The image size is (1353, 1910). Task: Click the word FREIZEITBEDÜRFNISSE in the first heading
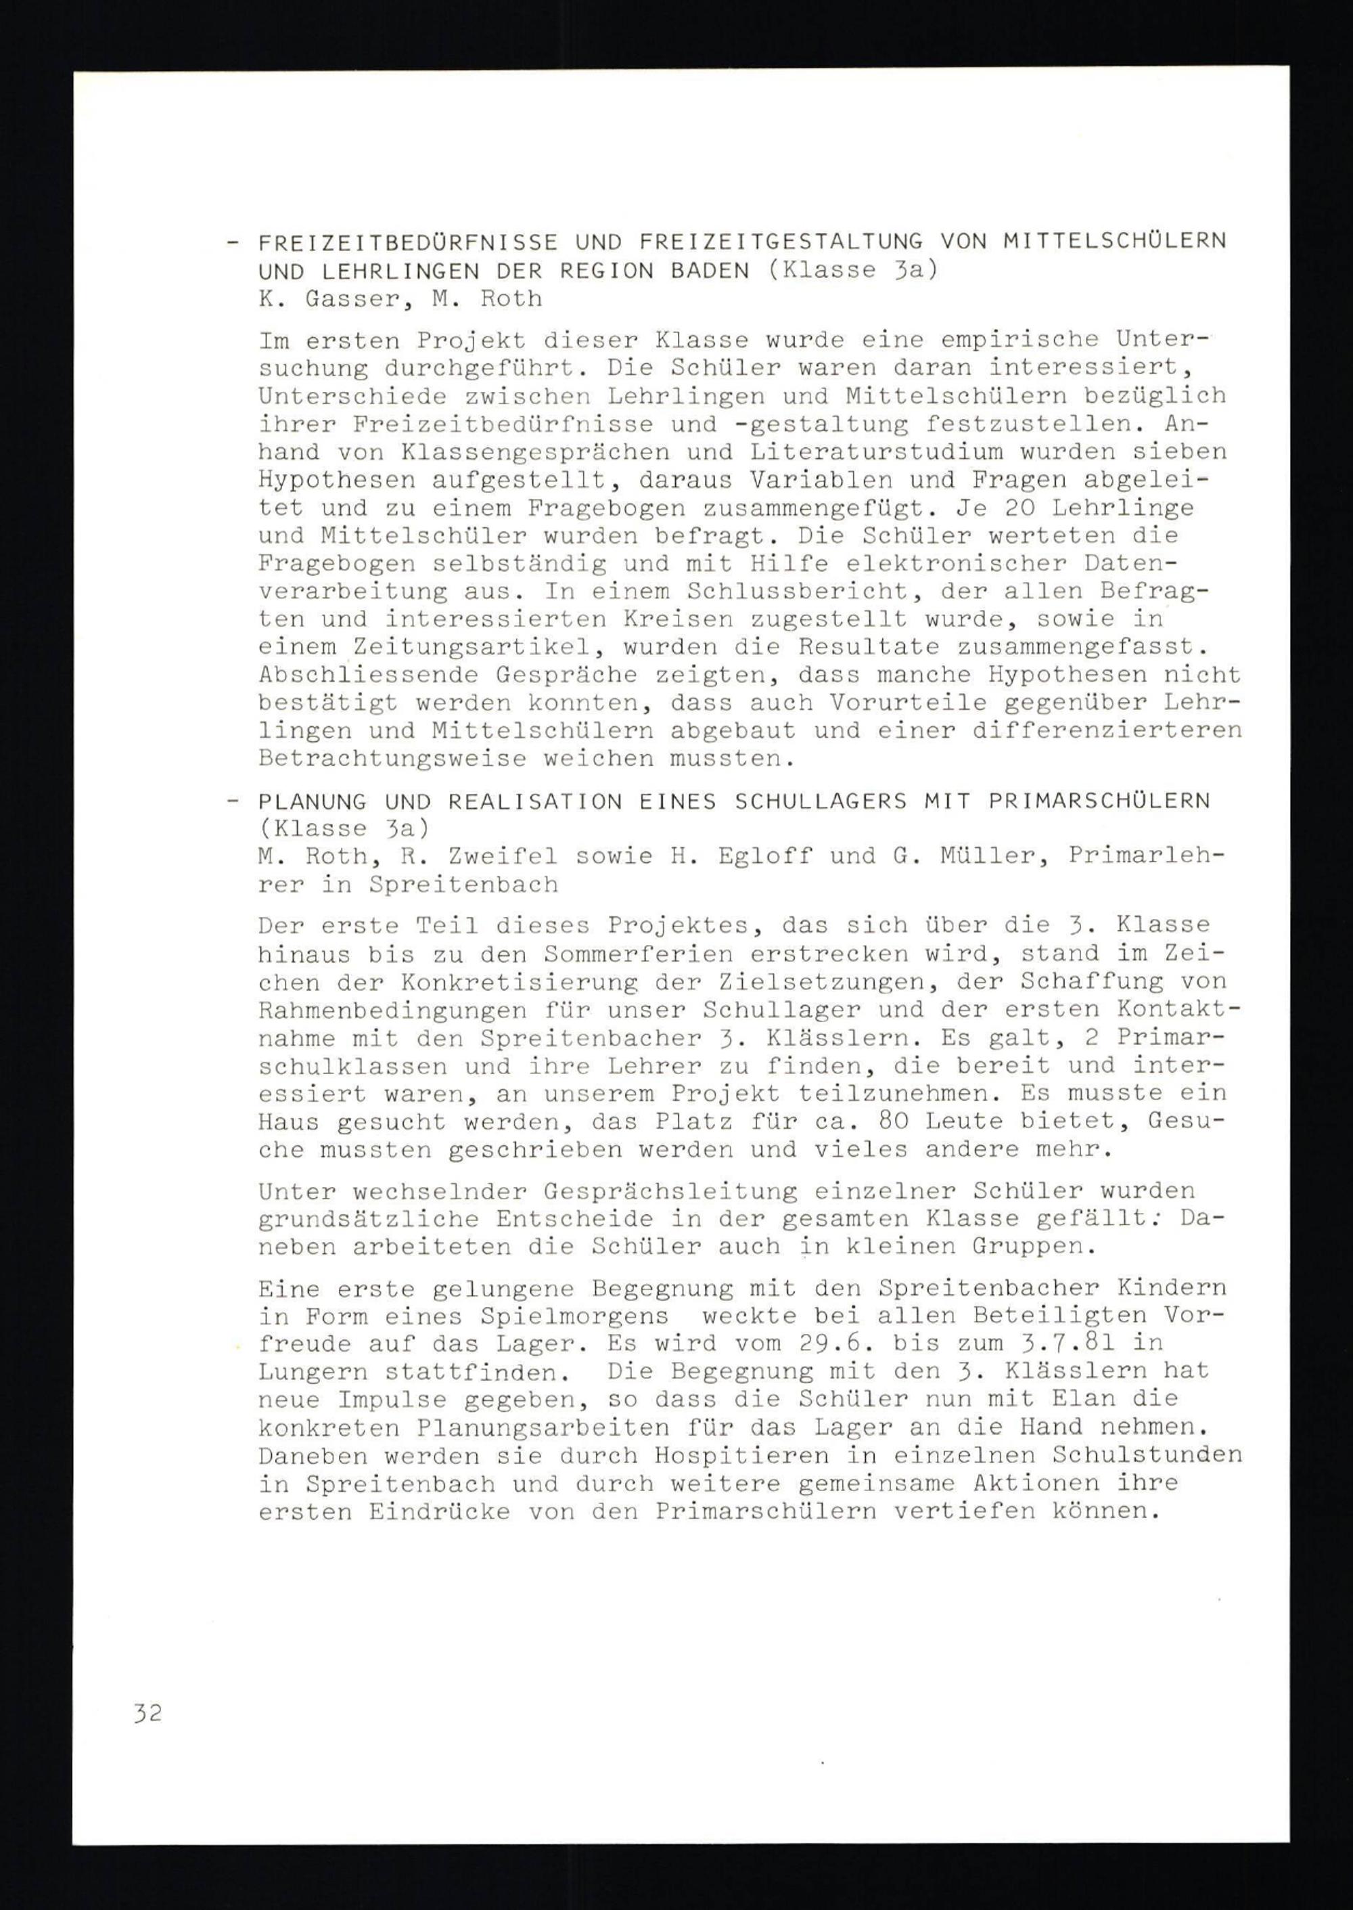pos(408,242)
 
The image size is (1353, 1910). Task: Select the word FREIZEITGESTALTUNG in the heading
pos(781,242)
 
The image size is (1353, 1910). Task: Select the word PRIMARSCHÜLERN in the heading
pos(1099,801)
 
